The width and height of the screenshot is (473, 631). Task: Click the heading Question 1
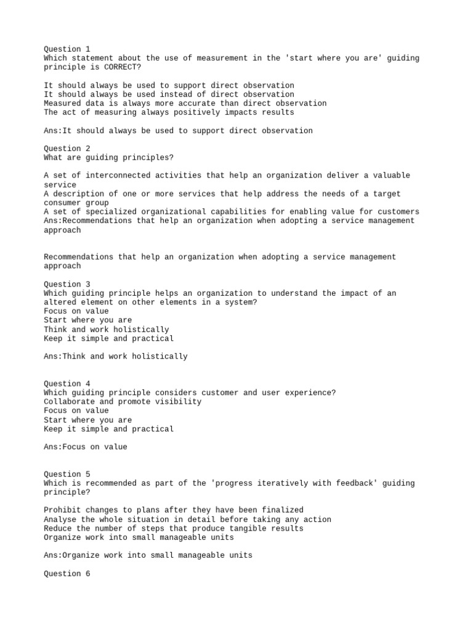click(x=67, y=49)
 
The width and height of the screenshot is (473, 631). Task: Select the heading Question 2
click(x=67, y=149)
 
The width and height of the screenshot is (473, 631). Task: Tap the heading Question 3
click(x=67, y=284)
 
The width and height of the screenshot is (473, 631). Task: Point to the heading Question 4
click(x=67, y=383)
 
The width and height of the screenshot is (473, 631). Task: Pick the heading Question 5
click(x=67, y=474)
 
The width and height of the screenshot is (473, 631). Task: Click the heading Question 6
click(x=67, y=574)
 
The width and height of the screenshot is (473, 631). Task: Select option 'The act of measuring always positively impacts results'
click(x=169, y=112)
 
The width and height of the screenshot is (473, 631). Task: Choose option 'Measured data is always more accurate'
click(x=185, y=103)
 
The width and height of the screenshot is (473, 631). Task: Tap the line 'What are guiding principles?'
click(x=108, y=158)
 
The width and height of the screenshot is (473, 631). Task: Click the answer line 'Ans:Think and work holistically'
click(x=116, y=356)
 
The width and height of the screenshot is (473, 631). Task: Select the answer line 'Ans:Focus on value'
click(x=86, y=447)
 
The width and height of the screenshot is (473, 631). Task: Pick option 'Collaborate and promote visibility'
click(x=123, y=402)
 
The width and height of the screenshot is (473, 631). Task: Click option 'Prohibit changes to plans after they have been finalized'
click(x=174, y=510)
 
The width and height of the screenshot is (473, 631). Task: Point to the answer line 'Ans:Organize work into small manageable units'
click(x=148, y=555)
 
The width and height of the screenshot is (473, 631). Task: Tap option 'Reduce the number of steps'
click(x=174, y=528)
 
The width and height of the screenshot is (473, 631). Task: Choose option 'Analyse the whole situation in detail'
click(x=187, y=519)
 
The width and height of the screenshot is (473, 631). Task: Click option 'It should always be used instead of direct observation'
click(x=169, y=94)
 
